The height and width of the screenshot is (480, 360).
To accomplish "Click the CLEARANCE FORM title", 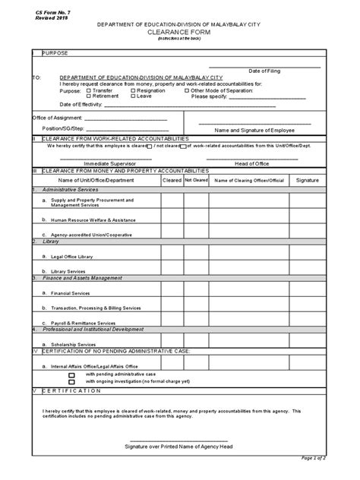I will click(x=181, y=33).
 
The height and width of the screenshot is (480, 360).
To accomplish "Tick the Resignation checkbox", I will click(x=134, y=90).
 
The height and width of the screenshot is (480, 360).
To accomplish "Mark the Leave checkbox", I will click(x=134, y=96).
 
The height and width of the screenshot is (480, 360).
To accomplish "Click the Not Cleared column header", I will click(x=196, y=181).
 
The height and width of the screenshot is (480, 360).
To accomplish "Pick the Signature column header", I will click(x=307, y=181).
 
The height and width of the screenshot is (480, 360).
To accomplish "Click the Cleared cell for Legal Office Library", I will click(x=171, y=257).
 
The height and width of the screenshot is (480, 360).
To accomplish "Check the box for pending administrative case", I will click(x=72, y=374).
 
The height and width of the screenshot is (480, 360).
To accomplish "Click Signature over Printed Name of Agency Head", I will click(x=180, y=447).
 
